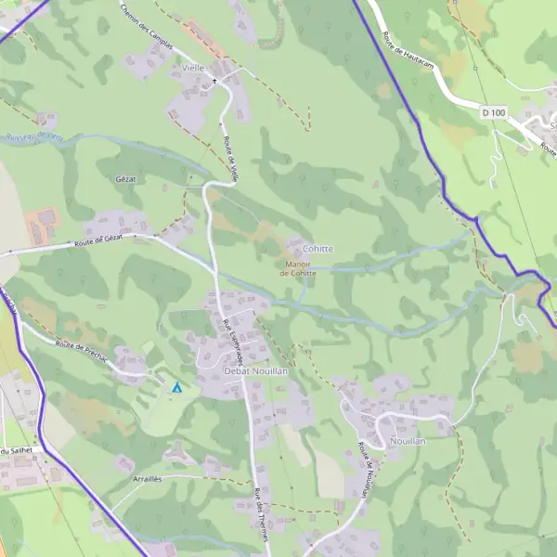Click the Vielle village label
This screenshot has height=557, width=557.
(193, 68)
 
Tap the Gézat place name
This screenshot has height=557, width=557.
(126, 178)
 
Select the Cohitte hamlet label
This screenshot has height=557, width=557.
(317, 249)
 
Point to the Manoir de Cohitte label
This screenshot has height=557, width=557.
(297, 268)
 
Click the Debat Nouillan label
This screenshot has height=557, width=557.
(256, 371)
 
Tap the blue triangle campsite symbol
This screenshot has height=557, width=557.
(176, 387)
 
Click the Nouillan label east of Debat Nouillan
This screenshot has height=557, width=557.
(408, 440)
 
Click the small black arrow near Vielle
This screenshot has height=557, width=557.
(215, 81)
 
